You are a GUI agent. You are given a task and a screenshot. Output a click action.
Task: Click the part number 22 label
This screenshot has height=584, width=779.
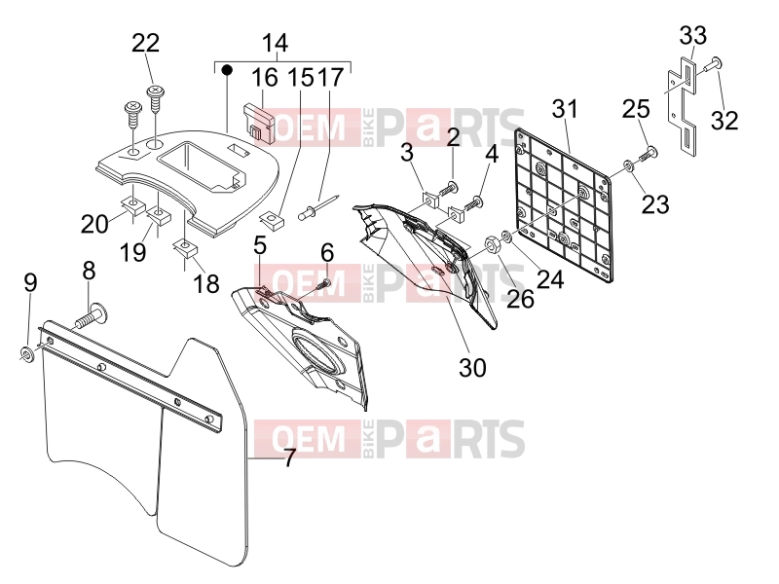tap(145, 43)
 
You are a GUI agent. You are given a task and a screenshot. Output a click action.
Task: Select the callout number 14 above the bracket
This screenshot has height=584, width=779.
tap(275, 43)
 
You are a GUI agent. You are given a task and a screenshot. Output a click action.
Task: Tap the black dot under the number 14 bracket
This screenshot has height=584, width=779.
tap(227, 69)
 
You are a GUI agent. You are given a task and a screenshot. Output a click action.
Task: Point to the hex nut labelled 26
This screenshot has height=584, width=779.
tap(492, 243)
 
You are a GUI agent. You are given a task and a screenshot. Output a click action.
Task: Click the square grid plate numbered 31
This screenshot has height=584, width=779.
tap(563, 204)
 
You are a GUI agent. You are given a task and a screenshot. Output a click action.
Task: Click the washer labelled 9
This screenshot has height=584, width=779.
tap(27, 354)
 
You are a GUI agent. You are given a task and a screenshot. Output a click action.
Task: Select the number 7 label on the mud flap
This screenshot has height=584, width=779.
tap(289, 458)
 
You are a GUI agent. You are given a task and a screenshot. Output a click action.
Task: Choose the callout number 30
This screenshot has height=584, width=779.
tap(472, 368)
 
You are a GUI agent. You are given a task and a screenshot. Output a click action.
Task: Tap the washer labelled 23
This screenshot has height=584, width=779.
tap(628, 165)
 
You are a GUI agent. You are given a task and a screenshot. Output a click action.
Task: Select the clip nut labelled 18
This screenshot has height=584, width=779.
tap(185, 248)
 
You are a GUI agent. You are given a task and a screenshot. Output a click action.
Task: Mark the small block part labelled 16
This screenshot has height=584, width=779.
tap(259, 124)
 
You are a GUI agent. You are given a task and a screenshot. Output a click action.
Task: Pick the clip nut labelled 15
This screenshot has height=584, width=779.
tap(273, 220)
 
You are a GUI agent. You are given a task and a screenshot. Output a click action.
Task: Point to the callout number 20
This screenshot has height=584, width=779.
tap(94, 224)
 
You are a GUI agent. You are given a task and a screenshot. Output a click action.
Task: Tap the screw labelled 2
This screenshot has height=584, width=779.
tap(448, 190)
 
